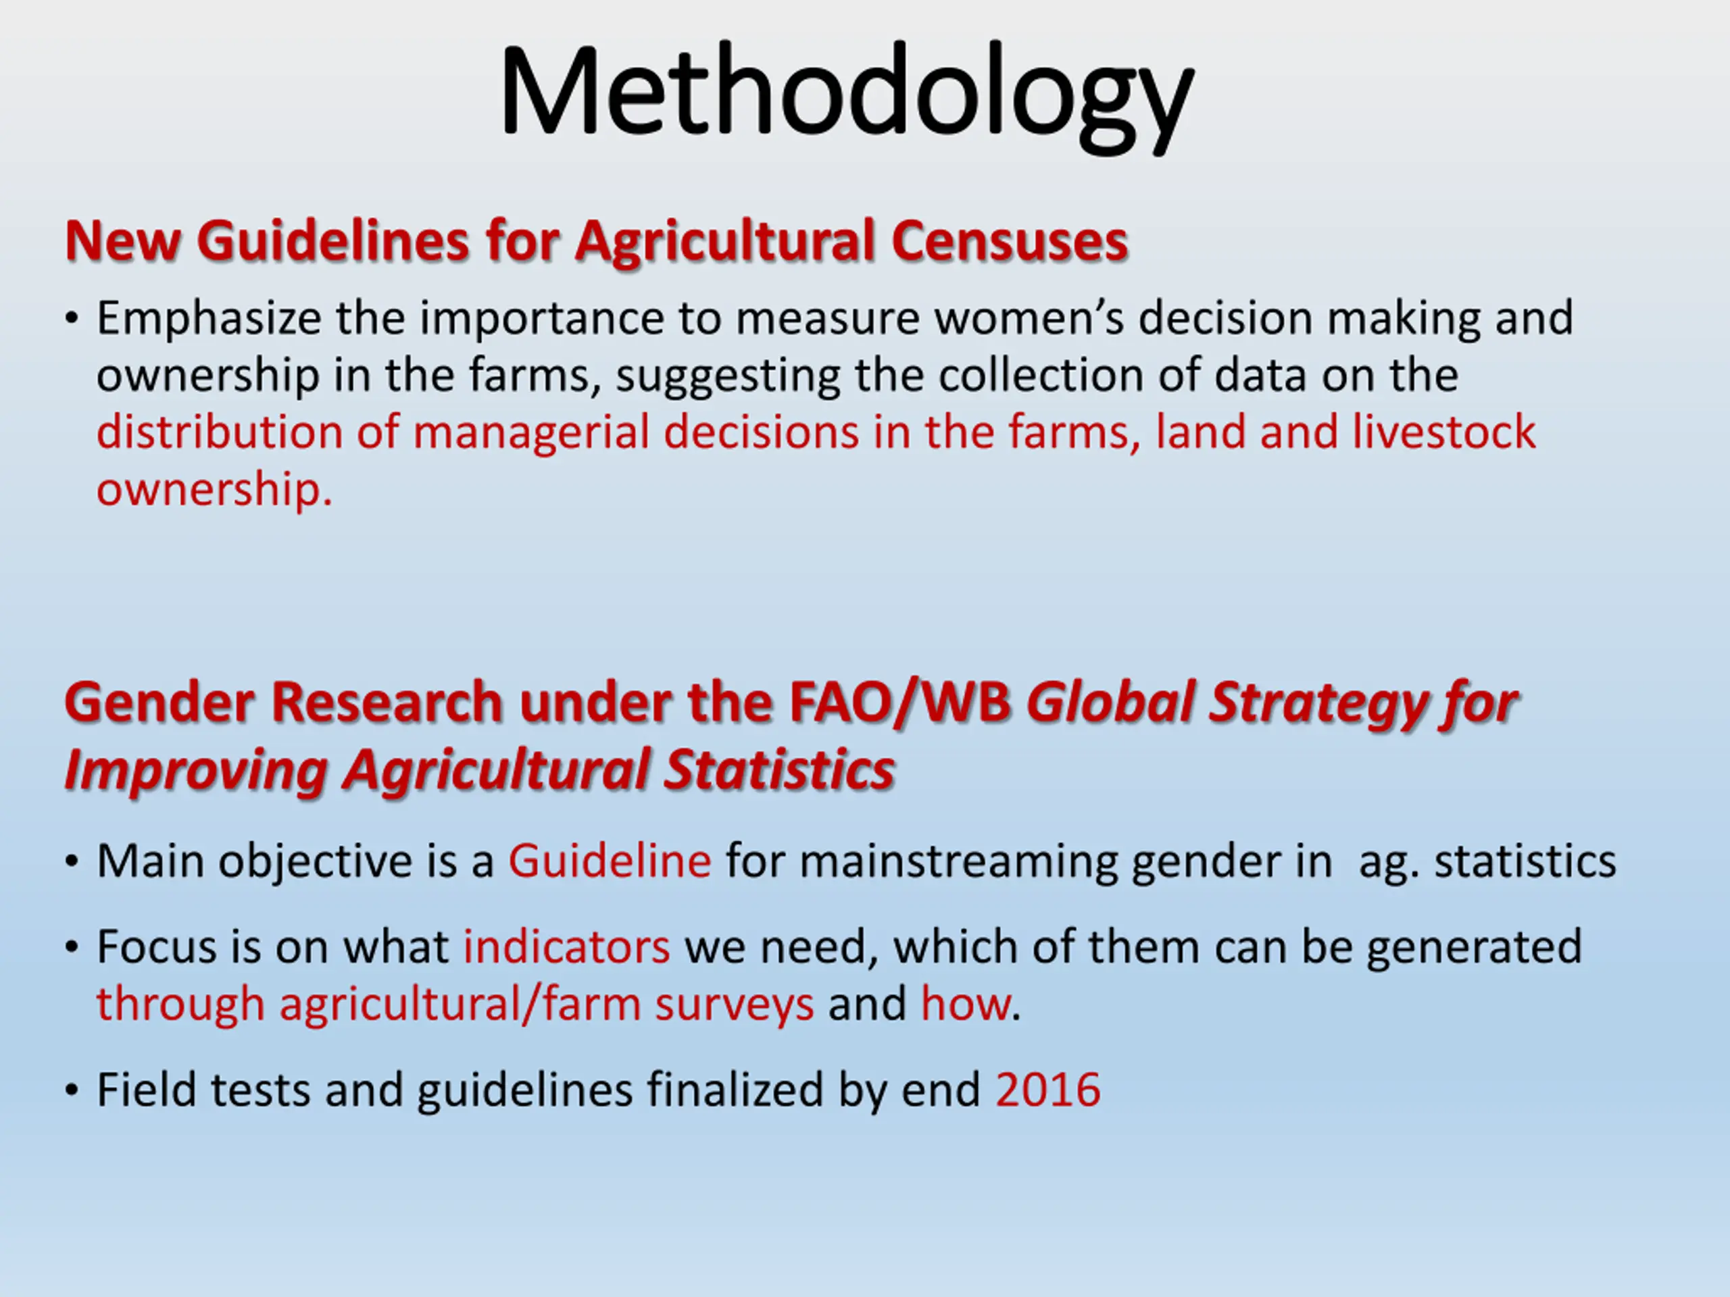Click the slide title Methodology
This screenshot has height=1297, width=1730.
846,97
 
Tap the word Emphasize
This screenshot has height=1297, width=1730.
209,319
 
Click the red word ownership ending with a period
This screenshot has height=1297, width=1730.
214,491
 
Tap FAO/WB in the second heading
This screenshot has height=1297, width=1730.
900,702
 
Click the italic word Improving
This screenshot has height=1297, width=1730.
195,771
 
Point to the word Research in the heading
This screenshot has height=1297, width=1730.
387,702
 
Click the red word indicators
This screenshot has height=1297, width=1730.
567,947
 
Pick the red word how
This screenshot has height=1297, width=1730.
965,1004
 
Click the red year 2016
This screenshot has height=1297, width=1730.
1048,1090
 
